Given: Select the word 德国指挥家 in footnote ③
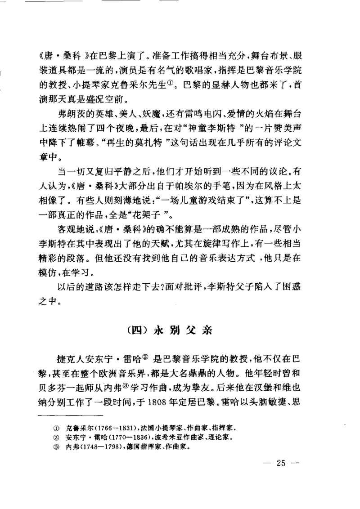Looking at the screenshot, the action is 135,447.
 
